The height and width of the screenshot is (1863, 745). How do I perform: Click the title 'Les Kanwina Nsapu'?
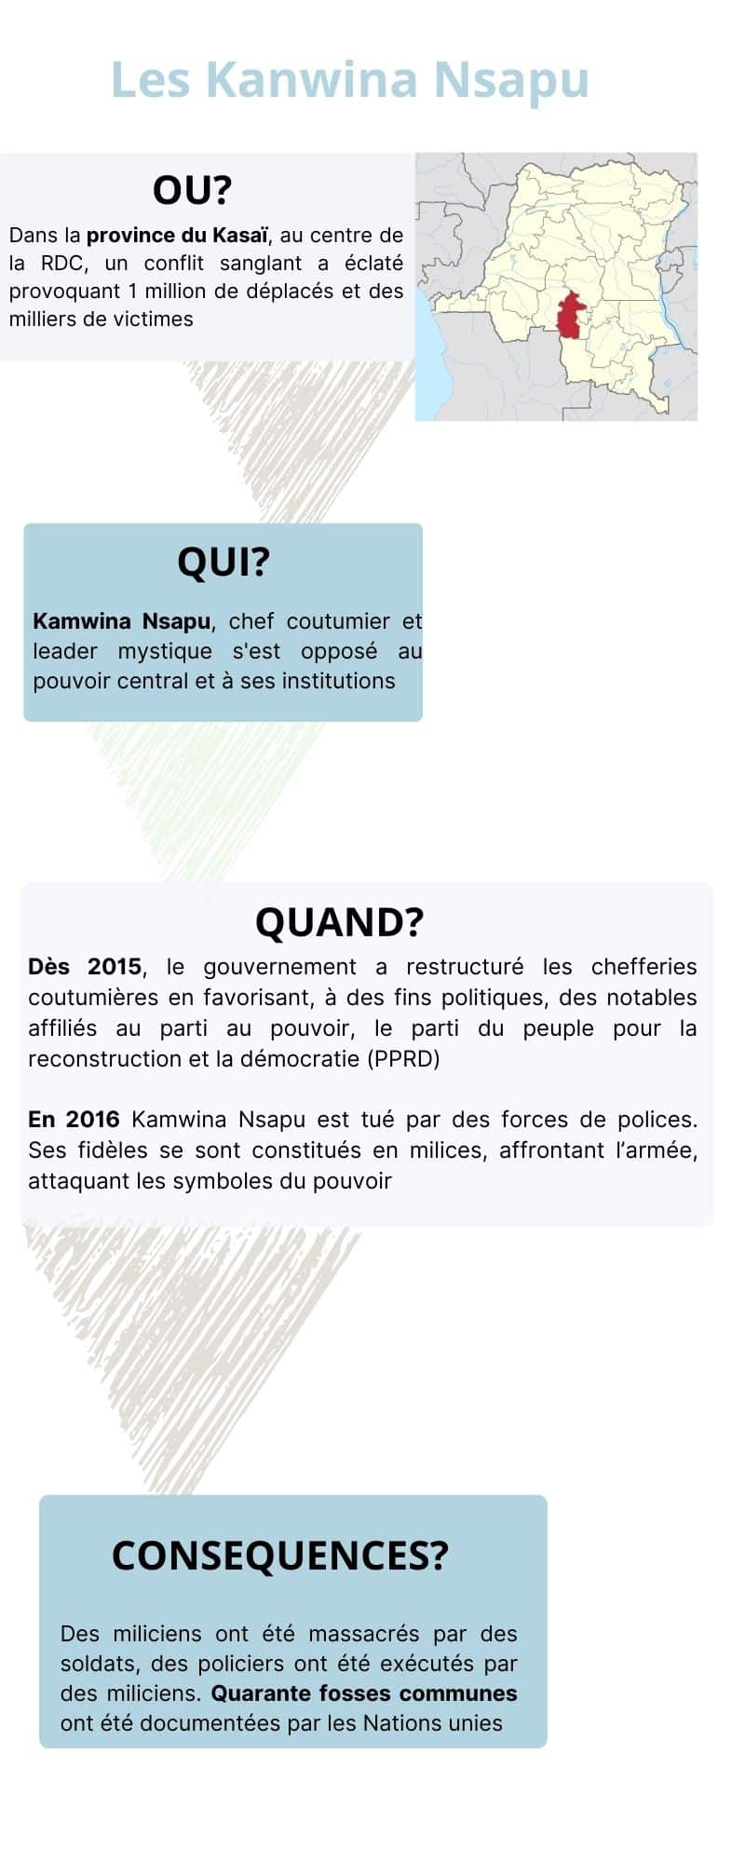click(350, 80)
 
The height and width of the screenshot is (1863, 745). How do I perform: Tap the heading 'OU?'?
click(192, 190)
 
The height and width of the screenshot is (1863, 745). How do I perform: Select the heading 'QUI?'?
click(223, 562)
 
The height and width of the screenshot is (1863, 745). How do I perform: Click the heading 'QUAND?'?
click(339, 922)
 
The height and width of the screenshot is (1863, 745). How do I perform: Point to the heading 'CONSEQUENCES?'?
click(280, 1556)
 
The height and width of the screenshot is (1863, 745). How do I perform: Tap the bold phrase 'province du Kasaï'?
click(177, 235)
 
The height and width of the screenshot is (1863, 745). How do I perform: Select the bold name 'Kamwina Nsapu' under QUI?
click(121, 621)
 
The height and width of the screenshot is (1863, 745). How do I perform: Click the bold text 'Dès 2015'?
click(85, 967)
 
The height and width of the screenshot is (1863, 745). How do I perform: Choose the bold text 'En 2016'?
click(74, 1120)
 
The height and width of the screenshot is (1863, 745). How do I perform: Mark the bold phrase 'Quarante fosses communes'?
click(364, 1693)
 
